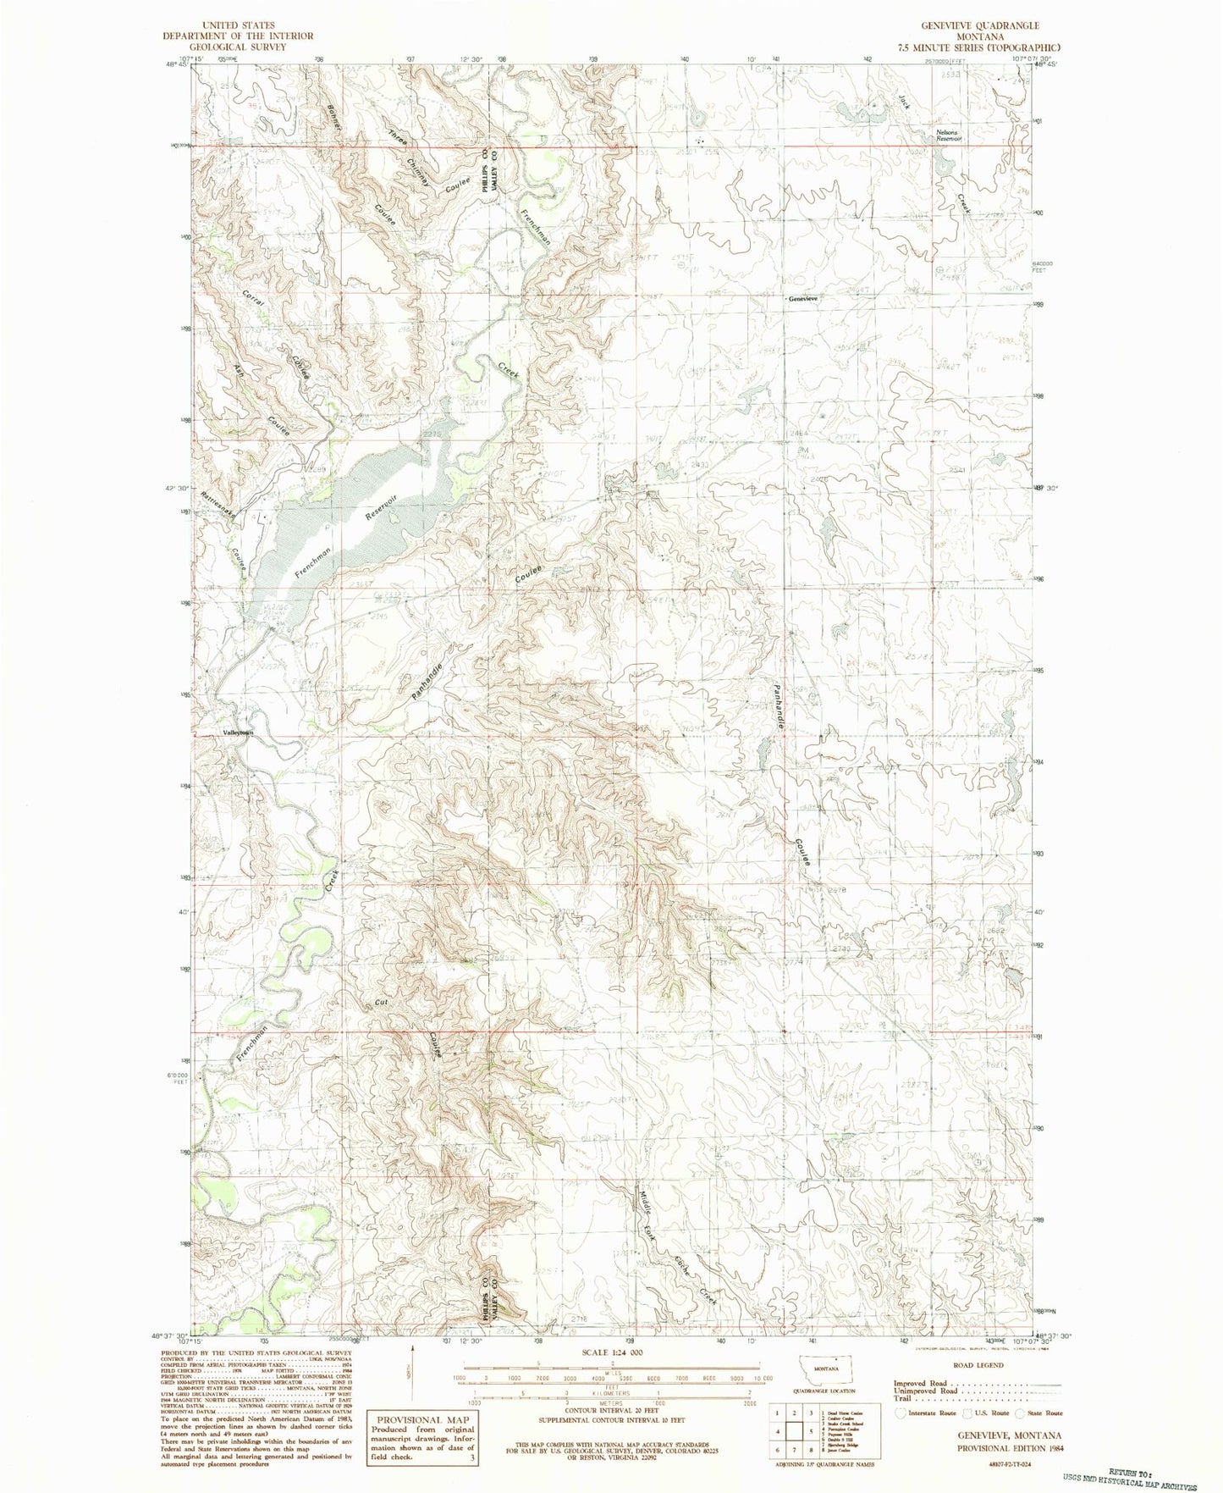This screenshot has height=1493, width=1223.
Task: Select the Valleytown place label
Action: [238, 733]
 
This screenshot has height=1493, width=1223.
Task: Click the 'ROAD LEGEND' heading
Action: [978, 1365]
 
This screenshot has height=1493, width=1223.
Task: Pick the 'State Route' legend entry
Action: [1045, 1413]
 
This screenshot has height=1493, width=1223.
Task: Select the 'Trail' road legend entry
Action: [902, 1398]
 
